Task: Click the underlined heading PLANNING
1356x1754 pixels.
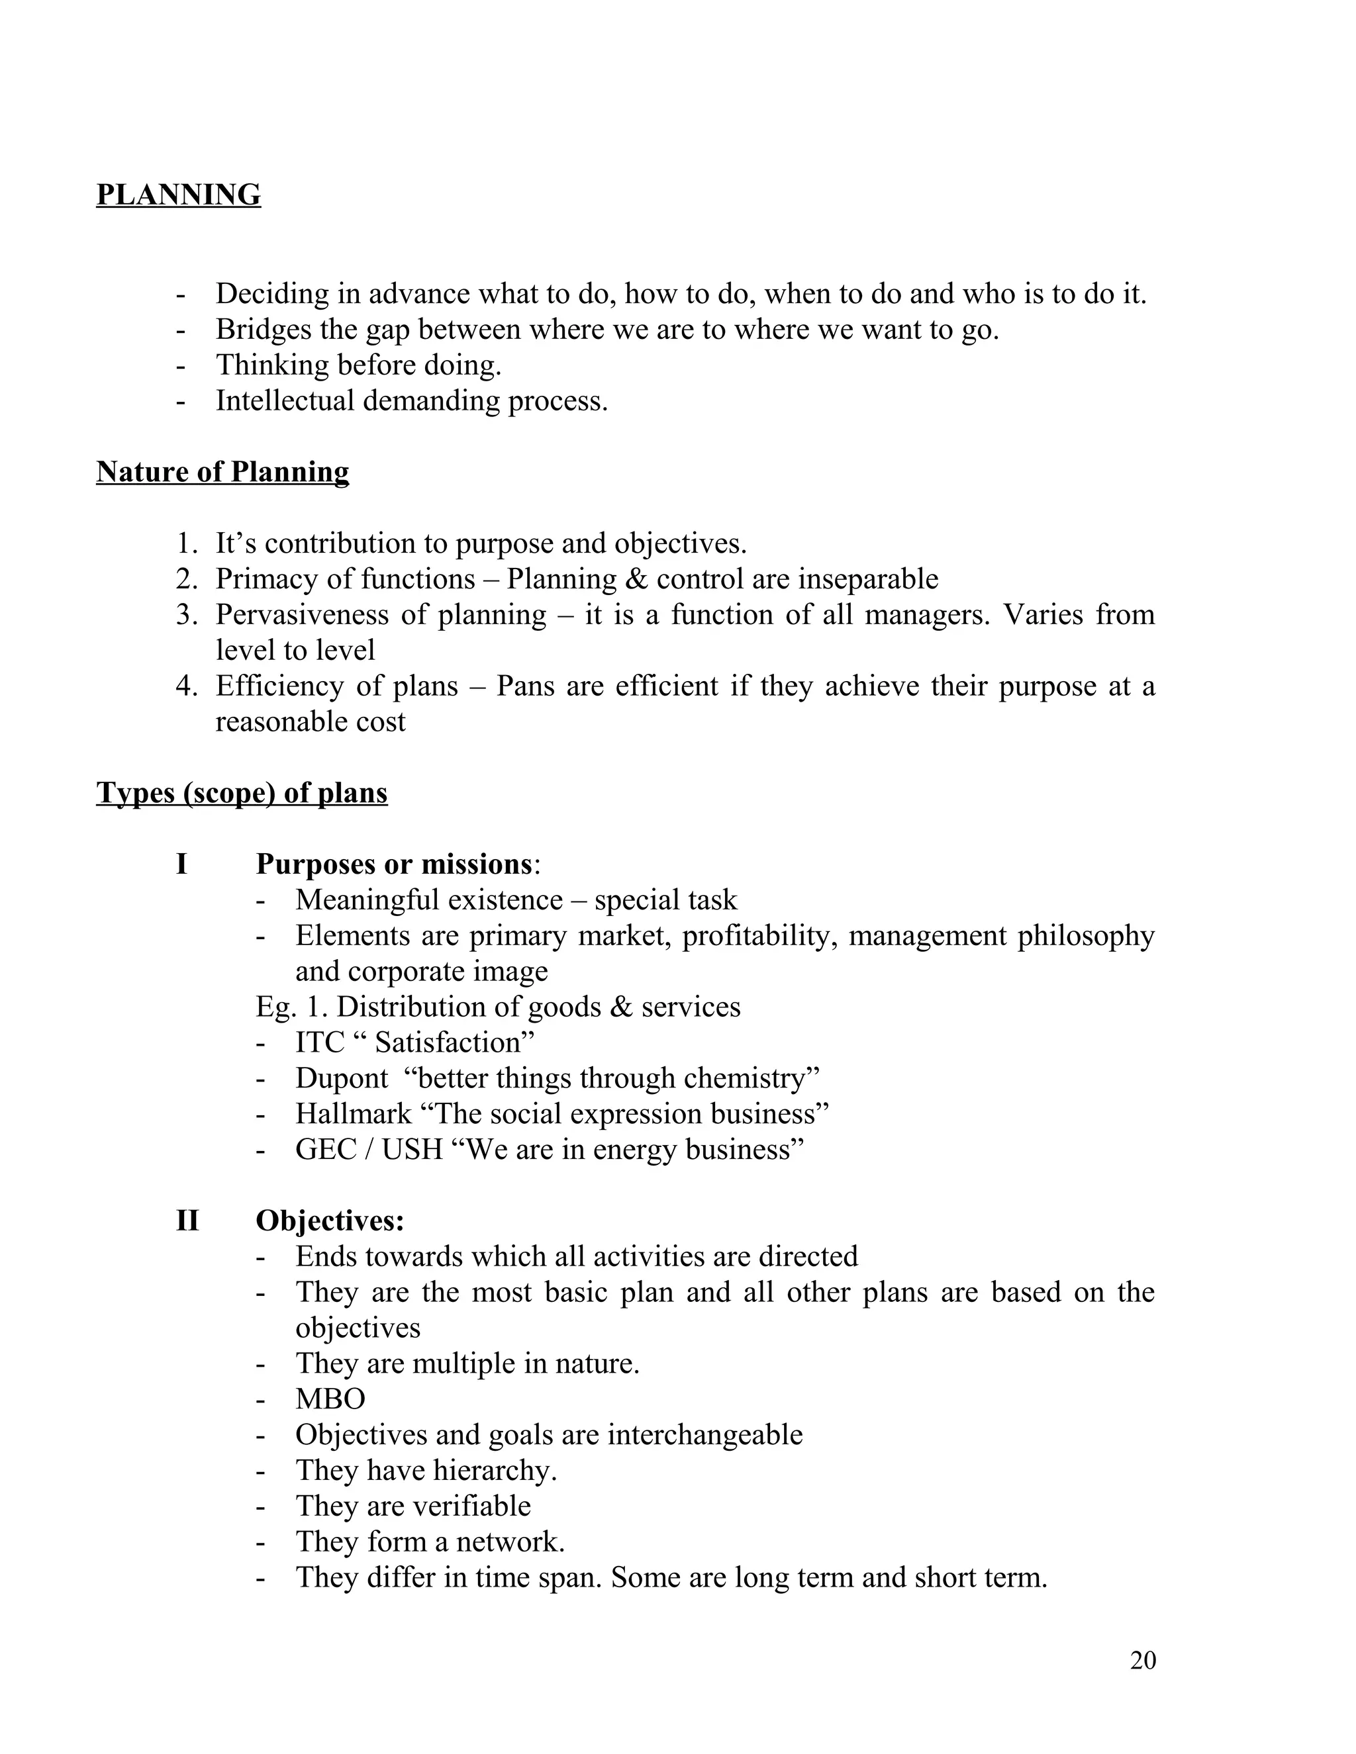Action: [x=178, y=195]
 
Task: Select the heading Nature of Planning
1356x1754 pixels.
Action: [x=222, y=471]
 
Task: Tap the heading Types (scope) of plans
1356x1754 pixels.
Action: [x=242, y=793]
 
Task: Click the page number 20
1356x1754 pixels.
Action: [x=1142, y=1660]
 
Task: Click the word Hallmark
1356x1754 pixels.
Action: [x=353, y=1114]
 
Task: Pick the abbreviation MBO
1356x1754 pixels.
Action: [x=330, y=1399]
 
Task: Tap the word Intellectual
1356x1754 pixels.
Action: [x=284, y=400]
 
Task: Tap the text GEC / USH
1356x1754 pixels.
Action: [x=369, y=1149]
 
